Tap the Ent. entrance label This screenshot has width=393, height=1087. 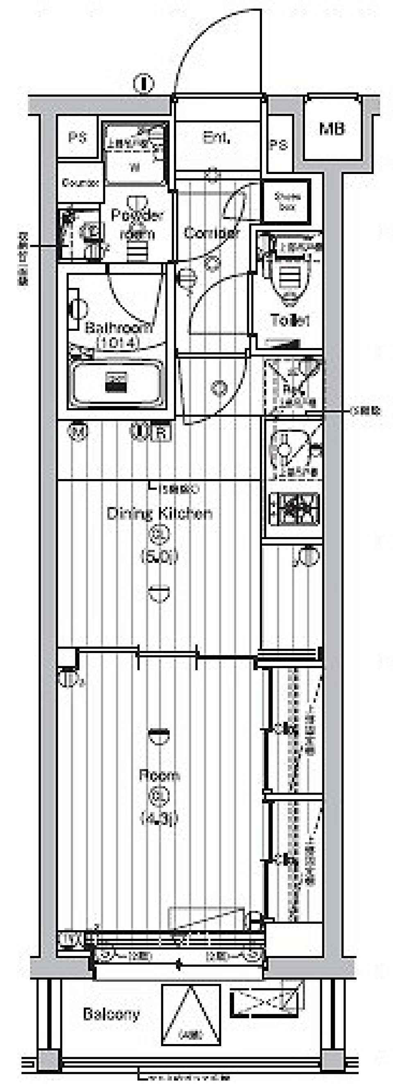coord(216,138)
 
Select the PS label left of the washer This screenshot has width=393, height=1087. coord(77,138)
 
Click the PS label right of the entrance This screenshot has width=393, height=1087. coord(278,145)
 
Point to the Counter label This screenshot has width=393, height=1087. coord(80,183)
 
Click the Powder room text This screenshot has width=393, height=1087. coord(137,224)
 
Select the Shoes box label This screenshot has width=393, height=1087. coord(287,201)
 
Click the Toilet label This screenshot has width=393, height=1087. coord(290,320)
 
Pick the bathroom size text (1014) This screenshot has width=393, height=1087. coord(117,343)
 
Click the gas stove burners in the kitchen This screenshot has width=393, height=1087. coord(294,510)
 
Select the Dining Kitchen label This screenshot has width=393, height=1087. coord(160,513)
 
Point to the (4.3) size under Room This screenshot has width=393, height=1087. coord(159,818)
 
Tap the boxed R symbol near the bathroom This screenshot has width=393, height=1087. coord(160,432)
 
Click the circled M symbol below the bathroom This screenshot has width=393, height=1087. coord(78,432)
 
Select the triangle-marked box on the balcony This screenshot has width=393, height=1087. coord(191,1015)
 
